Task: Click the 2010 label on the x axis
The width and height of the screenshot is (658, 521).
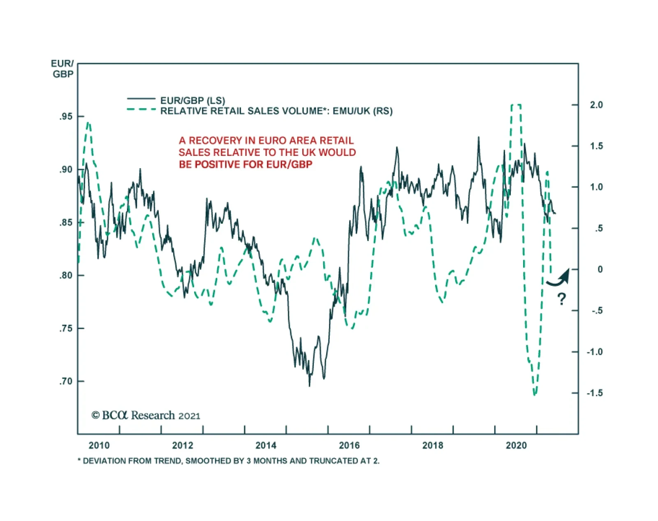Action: point(99,445)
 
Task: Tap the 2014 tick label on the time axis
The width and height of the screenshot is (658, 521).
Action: point(266,445)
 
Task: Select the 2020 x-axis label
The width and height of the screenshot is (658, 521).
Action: point(516,445)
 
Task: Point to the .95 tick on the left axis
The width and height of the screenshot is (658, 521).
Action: point(66,117)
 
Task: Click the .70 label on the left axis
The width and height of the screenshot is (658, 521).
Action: point(66,382)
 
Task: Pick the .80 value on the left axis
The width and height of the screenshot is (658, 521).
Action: point(66,276)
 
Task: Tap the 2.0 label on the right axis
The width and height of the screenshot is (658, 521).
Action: point(596,105)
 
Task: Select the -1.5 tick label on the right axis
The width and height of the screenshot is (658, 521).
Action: point(595,393)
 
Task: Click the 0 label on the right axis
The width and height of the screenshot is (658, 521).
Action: point(600,270)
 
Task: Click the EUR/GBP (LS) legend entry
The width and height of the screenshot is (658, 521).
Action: point(192,100)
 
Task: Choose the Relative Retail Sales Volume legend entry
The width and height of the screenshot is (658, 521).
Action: point(276,111)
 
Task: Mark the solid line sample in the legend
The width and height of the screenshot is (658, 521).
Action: point(141,99)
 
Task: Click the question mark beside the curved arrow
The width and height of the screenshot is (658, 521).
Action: point(561,299)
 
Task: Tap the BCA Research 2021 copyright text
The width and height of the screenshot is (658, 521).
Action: point(146,415)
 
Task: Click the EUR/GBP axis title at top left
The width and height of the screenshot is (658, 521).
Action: point(63,69)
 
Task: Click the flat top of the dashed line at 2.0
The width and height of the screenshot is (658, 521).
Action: point(516,105)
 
